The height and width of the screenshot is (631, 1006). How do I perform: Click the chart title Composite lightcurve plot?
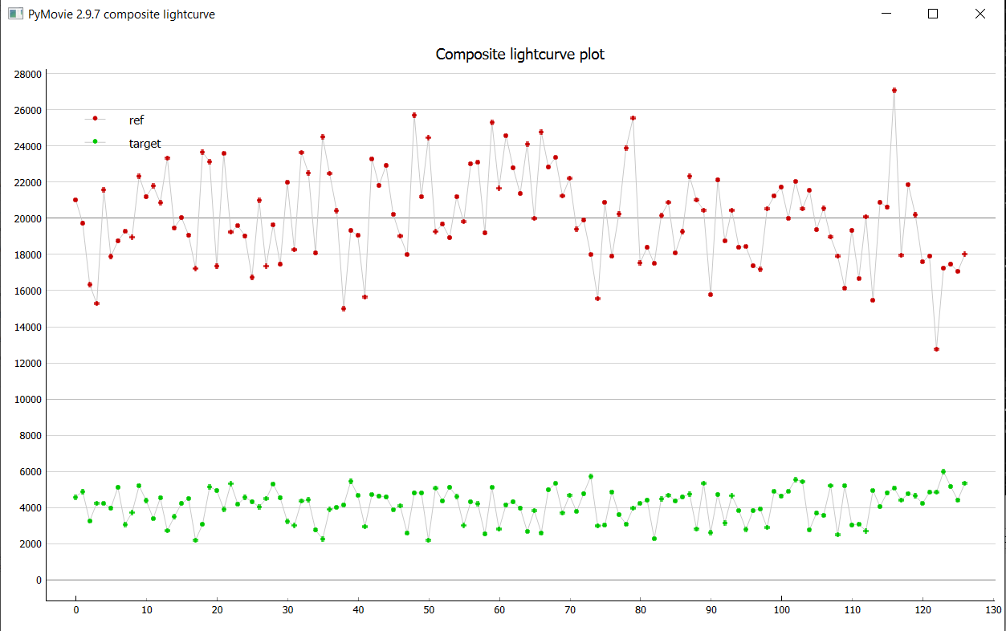click(519, 55)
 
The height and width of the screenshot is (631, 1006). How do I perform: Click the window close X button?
click(980, 14)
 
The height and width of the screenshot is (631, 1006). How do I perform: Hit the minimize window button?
click(886, 14)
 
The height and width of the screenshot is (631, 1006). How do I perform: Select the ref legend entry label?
click(136, 120)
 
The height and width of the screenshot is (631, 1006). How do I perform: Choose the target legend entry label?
click(145, 144)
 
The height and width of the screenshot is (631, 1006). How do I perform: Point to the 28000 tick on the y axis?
click(28, 74)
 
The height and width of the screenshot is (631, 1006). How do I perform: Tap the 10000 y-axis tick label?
click(28, 400)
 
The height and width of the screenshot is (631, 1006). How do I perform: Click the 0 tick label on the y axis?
click(38, 580)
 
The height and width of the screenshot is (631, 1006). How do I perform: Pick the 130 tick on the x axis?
click(993, 610)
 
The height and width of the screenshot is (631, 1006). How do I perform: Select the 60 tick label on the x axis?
click(499, 610)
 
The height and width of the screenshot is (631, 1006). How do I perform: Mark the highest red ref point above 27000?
click(894, 91)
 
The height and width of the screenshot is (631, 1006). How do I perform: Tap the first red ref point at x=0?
click(75, 200)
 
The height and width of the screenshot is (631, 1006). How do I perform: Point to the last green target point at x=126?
click(965, 483)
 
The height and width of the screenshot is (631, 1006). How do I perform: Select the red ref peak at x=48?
click(414, 116)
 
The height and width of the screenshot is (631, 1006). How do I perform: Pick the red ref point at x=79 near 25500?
click(633, 118)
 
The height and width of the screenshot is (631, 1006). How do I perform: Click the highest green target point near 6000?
click(943, 472)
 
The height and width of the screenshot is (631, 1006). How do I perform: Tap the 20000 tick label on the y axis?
click(28, 218)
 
